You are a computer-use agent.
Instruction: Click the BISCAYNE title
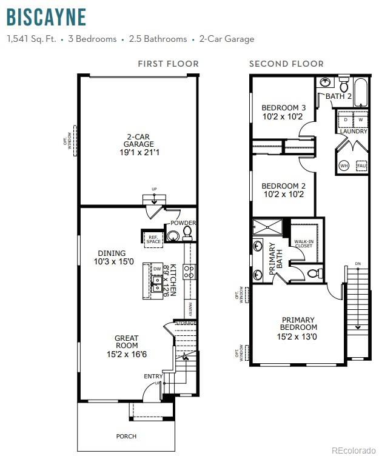click(x=46, y=17)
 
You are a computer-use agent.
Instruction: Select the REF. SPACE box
click(x=153, y=239)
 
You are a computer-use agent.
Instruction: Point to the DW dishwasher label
click(x=156, y=268)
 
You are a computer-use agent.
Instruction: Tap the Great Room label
click(x=126, y=342)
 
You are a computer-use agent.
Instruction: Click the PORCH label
click(x=126, y=436)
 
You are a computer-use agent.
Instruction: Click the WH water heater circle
click(x=344, y=165)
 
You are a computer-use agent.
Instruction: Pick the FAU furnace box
click(x=361, y=165)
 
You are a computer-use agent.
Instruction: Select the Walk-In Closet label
click(x=303, y=244)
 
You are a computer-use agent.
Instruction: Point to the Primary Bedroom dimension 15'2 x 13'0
click(x=298, y=336)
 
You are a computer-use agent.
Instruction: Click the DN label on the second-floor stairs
click(x=357, y=264)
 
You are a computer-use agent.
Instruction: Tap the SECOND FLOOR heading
click(x=286, y=64)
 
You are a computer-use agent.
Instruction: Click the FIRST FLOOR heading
click(x=168, y=64)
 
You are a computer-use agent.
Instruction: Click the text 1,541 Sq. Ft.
click(x=32, y=39)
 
